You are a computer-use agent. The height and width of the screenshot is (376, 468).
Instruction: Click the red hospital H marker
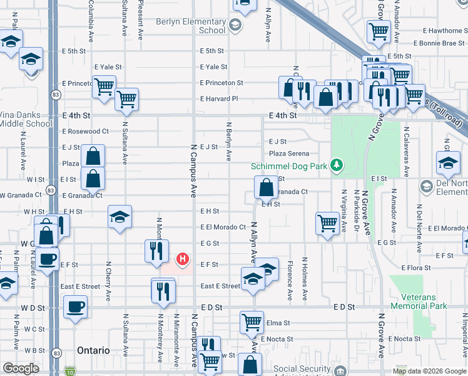(183, 258)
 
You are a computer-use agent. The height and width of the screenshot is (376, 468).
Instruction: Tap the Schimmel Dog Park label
(290, 166)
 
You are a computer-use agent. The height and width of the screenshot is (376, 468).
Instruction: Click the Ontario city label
(92, 350)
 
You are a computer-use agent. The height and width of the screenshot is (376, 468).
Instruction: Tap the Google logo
(21, 368)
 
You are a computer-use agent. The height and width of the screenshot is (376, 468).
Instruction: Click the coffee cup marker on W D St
(76, 307)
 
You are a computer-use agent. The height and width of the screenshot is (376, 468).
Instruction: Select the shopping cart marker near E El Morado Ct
(328, 222)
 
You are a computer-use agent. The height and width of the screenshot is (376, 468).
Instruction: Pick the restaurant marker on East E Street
(162, 291)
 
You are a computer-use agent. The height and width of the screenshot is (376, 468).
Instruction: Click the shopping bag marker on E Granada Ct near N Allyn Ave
(266, 187)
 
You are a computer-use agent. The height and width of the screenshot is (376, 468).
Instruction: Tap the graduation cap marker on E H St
(120, 217)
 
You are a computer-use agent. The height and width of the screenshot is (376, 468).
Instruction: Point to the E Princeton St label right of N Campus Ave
(221, 83)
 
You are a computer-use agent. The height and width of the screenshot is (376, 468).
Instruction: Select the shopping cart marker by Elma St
(252, 322)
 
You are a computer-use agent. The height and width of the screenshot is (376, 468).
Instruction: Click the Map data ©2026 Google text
(429, 371)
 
